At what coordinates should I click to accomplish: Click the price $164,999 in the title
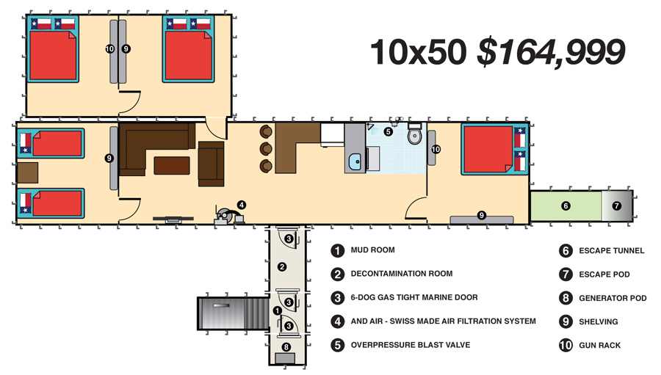pyautogui.click(x=551, y=52)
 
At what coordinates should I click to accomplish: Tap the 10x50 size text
pyautogui.click(x=419, y=52)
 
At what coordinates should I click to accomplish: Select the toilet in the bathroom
pyautogui.click(x=414, y=134)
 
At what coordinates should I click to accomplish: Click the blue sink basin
pyautogui.click(x=355, y=161)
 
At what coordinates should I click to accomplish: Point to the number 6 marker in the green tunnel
pyautogui.click(x=566, y=205)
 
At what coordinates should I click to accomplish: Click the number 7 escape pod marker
pyautogui.click(x=617, y=205)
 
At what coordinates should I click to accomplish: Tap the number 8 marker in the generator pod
pyautogui.click(x=286, y=347)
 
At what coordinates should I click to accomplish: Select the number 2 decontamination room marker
pyautogui.click(x=282, y=266)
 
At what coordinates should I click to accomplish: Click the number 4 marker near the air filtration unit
pyautogui.click(x=241, y=205)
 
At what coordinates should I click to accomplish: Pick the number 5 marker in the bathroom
pyautogui.click(x=389, y=131)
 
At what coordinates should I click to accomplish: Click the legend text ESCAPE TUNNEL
pyautogui.click(x=611, y=251)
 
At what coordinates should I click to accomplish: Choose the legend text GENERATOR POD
pyautogui.click(x=613, y=299)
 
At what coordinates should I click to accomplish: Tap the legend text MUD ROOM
pyautogui.click(x=372, y=250)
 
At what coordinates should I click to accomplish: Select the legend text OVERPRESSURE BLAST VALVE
pyautogui.click(x=410, y=345)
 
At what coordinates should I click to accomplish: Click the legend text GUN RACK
pyautogui.click(x=599, y=346)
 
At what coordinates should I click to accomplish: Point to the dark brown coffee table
pyautogui.click(x=172, y=166)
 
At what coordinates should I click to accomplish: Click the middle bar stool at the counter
pyautogui.click(x=266, y=149)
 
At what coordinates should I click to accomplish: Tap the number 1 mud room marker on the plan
pyautogui.click(x=277, y=311)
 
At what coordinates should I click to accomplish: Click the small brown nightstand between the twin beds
pyautogui.click(x=27, y=172)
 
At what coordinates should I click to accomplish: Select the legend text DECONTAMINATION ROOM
pyautogui.click(x=401, y=274)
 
